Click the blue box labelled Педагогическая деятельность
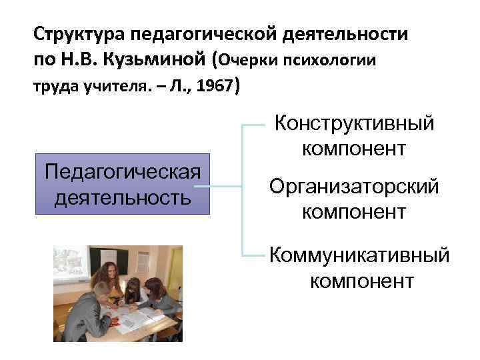pos(122,184)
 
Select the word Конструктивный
pos(355,123)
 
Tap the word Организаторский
pos(354,187)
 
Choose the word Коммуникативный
pos(360,255)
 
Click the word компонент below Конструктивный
pos(353,148)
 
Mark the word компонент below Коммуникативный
pos(361,281)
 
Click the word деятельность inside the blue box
pos(122,198)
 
